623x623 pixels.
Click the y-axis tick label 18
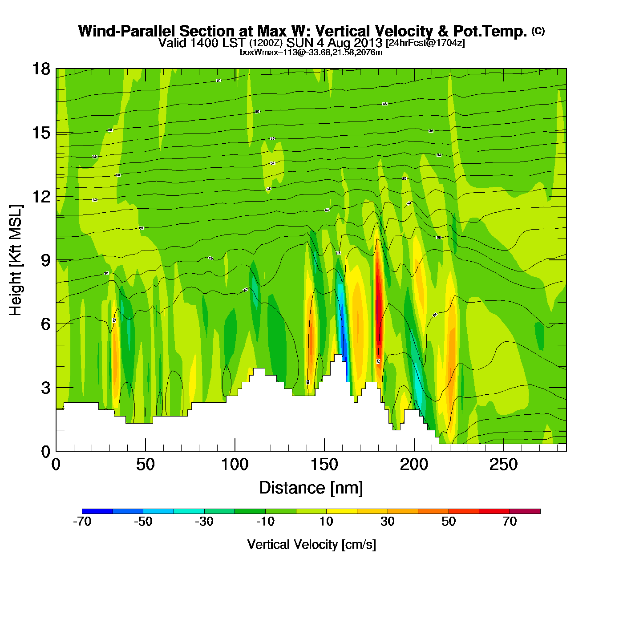click(x=40, y=69)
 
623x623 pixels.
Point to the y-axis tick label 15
click(x=40, y=133)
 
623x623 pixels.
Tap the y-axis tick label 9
click(x=45, y=260)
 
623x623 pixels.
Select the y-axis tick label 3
click(x=45, y=388)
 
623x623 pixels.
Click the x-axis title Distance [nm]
click(x=311, y=488)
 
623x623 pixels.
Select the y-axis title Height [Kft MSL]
click(x=16, y=260)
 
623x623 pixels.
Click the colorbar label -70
click(x=82, y=522)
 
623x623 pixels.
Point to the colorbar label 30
click(x=388, y=522)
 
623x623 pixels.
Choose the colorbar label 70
click(x=510, y=522)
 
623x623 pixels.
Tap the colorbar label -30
click(x=204, y=522)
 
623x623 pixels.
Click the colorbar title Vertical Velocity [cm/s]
click(x=311, y=545)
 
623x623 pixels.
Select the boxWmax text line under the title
click(x=311, y=53)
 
